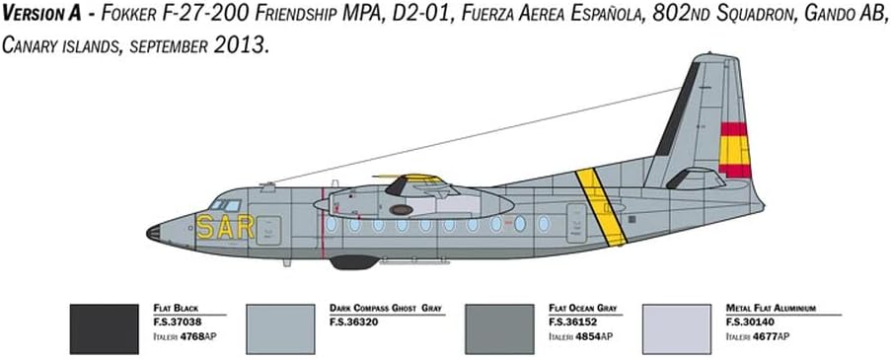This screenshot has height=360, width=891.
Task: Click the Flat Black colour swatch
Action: pos(105,328)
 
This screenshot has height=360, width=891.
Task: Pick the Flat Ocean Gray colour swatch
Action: pos(499,328)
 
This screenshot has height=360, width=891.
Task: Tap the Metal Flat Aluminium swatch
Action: pos(675,328)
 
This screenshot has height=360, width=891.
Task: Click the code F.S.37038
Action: pos(178,321)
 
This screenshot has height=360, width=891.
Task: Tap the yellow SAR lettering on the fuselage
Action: pos(224,228)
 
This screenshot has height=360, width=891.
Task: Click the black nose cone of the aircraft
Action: pos(153,234)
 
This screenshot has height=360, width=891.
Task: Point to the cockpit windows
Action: pos(226,205)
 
